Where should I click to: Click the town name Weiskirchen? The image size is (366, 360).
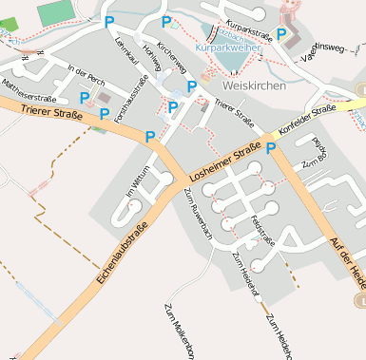pos(250,85)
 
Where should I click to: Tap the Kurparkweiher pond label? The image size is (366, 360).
pos(228,47)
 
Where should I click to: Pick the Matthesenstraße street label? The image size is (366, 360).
pos(29,90)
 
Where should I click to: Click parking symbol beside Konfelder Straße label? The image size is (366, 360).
pos(271,147)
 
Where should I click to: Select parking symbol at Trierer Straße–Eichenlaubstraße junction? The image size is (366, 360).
pos(150,137)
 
